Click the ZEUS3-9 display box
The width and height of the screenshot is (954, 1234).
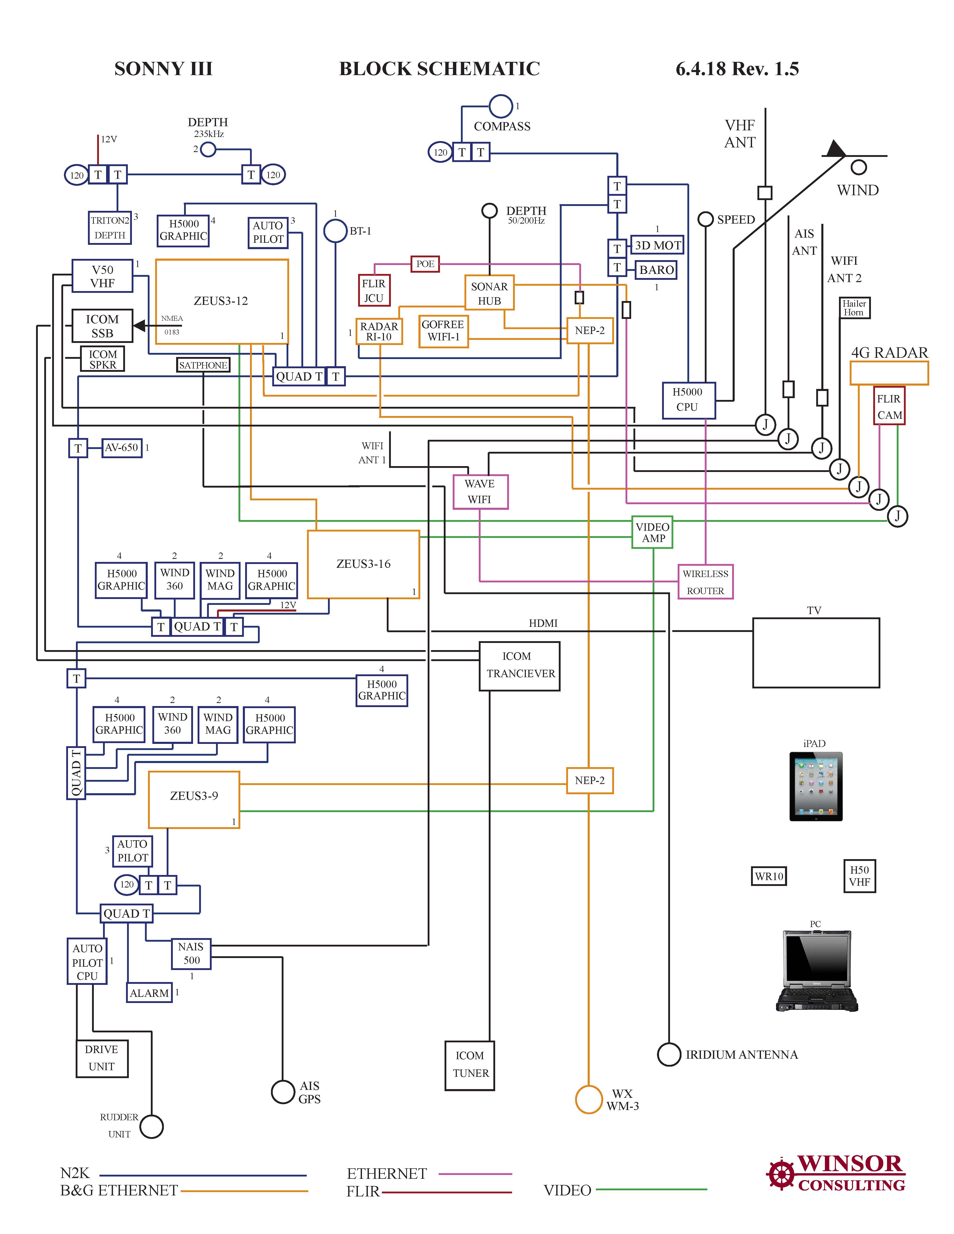(x=194, y=800)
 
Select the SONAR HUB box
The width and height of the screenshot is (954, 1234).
(x=490, y=293)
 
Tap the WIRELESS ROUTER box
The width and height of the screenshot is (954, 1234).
(x=705, y=582)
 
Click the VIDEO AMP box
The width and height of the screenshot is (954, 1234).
(x=653, y=532)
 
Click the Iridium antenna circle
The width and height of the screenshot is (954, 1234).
(x=668, y=1054)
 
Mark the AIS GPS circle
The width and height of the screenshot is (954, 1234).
(x=283, y=1092)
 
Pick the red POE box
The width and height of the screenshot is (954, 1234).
(x=425, y=264)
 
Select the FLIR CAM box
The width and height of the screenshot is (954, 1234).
(x=889, y=406)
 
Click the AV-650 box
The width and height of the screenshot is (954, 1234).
(x=121, y=447)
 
